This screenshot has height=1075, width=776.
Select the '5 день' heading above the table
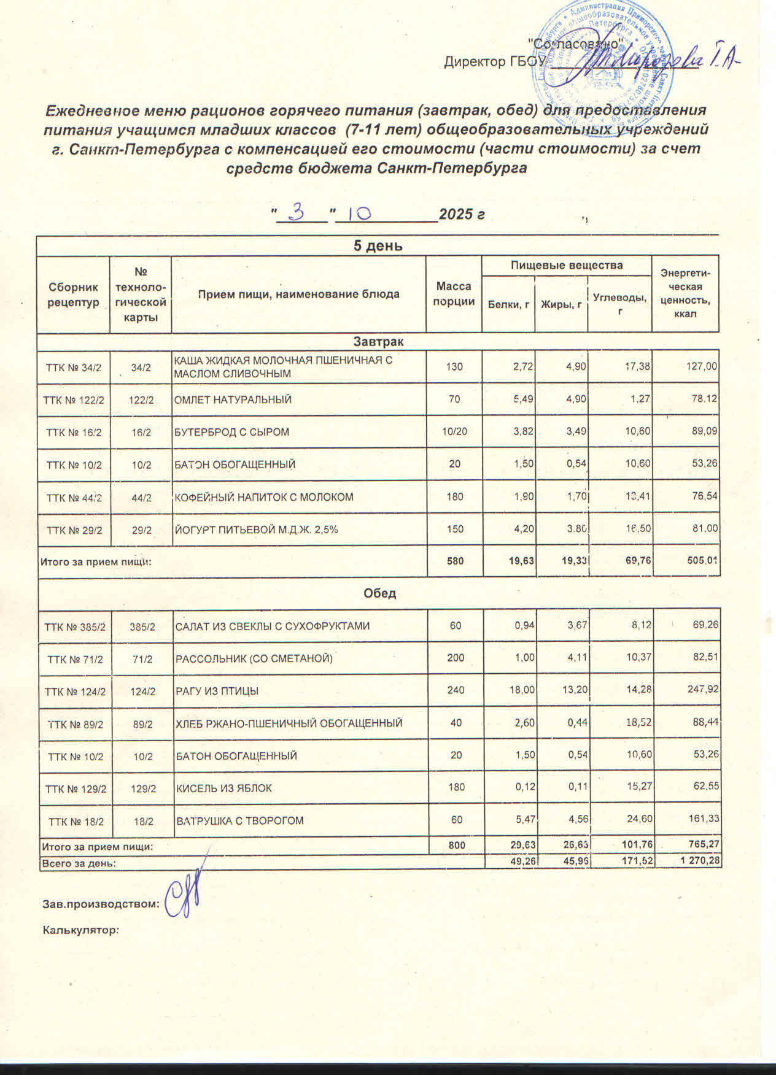coord(378,246)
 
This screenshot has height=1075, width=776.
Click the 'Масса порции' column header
coord(454,294)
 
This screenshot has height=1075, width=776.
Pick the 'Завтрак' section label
coord(378,341)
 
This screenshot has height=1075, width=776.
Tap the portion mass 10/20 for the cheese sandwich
coord(454,432)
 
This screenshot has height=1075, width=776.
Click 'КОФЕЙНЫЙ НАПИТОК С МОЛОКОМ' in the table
coord(264,496)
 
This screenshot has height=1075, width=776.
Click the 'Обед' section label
coord(379,594)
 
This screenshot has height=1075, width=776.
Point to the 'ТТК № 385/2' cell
coord(74,626)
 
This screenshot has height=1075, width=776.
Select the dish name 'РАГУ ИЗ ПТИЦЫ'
coord(217,691)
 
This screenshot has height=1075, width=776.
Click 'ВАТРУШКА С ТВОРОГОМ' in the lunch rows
coord(240,820)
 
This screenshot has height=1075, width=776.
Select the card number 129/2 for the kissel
coord(143,788)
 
